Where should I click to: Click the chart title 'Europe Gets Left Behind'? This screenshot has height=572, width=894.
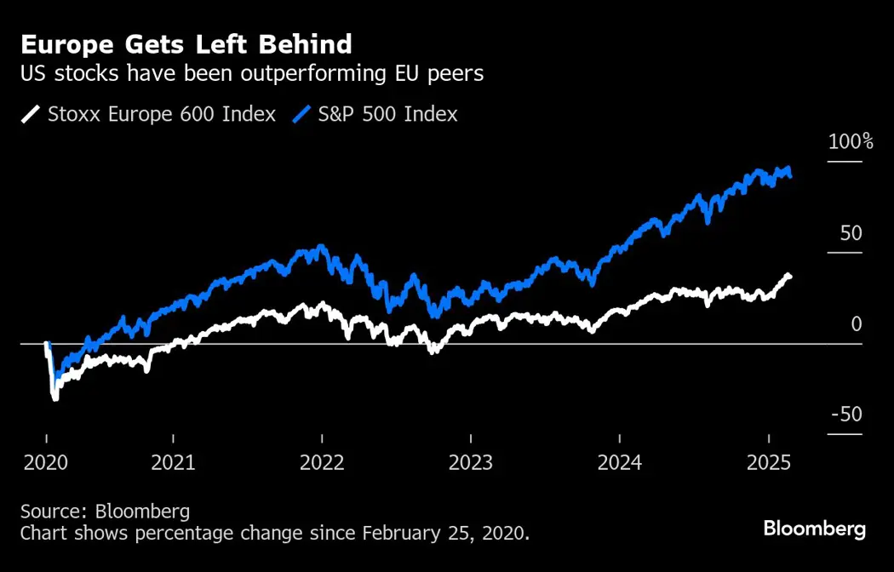click(x=186, y=43)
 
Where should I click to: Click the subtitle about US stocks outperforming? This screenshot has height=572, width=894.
click(x=251, y=73)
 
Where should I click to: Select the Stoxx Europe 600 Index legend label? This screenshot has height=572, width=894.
click(x=162, y=114)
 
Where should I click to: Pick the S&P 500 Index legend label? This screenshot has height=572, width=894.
click(x=387, y=114)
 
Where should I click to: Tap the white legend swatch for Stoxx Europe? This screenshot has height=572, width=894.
click(x=31, y=114)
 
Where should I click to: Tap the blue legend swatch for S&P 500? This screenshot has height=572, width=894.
click(x=303, y=114)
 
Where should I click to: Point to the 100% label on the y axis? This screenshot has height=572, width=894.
click(x=851, y=142)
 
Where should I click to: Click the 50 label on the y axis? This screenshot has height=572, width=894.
click(x=851, y=233)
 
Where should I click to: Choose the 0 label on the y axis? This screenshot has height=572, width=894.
click(x=856, y=324)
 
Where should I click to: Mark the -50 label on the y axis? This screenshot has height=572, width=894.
click(x=846, y=415)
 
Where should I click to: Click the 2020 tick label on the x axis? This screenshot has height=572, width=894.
click(x=46, y=463)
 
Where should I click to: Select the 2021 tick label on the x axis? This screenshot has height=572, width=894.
click(x=173, y=463)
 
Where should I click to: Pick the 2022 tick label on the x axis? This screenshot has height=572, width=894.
click(x=322, y=463)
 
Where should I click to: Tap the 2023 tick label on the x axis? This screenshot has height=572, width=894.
click(x=471, y=463)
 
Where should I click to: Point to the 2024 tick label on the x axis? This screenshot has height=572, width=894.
click(x=620, y=463)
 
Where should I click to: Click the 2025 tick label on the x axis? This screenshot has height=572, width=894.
click(x=769, y=463)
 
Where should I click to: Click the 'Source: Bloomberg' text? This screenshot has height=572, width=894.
click(x=105, y=512)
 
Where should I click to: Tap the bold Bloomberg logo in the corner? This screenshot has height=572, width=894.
click(x=814, y=529)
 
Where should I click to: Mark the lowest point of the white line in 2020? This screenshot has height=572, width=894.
click(x=56, y=398)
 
